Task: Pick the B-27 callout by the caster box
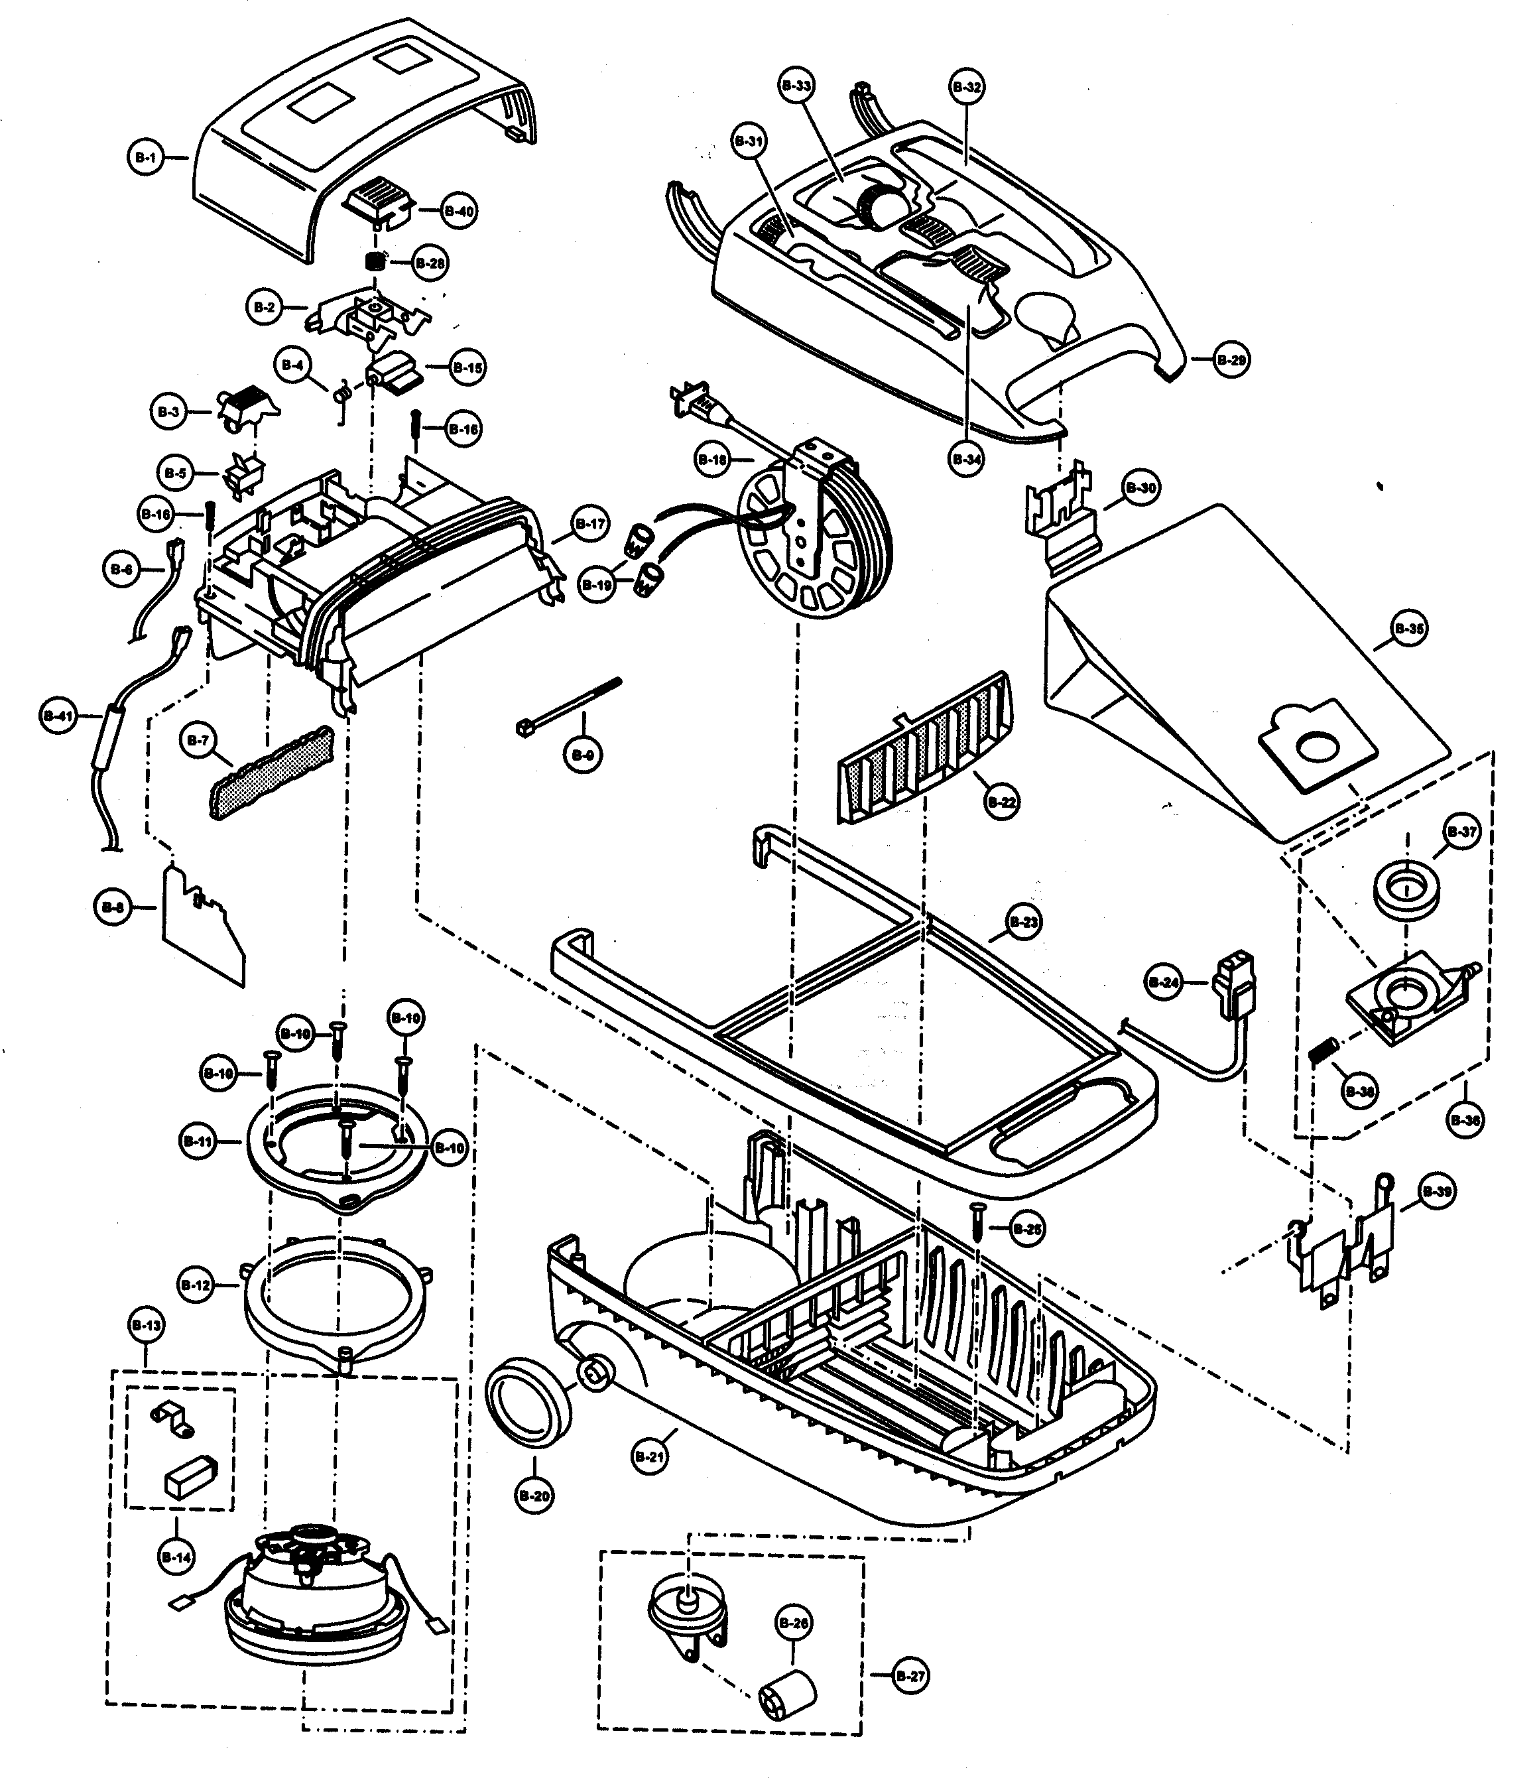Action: [x=910, y=1676]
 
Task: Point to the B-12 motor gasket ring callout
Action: [x=196, y=1285]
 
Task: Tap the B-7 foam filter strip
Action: [x=272, y=773]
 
